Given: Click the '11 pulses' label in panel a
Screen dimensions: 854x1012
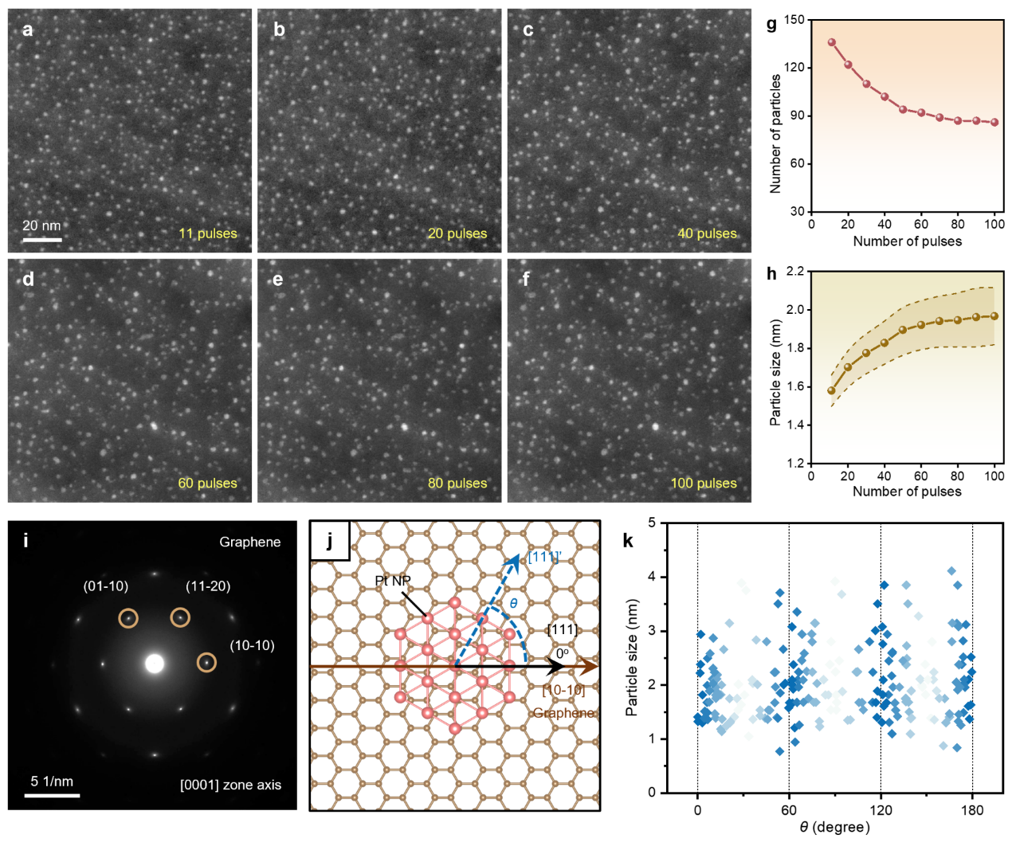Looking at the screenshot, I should tap(208, 233).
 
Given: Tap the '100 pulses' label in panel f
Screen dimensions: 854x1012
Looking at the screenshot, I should tap(704, 483).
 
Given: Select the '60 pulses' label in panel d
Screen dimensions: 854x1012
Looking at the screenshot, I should tap(208, 483).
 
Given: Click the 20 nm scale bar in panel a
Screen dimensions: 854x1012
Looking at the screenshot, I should tap(42, 238).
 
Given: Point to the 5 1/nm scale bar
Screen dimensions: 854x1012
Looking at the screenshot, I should tap(52, 794).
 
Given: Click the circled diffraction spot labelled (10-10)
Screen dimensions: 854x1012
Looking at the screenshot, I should tap(206, 662).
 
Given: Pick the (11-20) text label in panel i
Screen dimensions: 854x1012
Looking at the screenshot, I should tap(208, 586).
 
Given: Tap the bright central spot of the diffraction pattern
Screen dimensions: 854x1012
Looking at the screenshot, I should tap(155, 663).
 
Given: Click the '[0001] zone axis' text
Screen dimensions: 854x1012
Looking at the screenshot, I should tap(230, 785).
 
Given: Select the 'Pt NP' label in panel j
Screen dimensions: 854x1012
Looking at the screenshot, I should tap(392, 581).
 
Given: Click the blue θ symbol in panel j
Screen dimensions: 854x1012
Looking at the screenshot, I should tap(513, 603).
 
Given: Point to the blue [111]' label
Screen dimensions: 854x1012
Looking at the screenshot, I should tap(545, 556).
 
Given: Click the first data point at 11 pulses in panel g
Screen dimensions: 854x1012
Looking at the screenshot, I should tap(832, 42).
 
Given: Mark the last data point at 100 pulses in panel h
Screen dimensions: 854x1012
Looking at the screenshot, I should tap(994, 316).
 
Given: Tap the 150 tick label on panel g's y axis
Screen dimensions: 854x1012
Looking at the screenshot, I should tap(794, 20).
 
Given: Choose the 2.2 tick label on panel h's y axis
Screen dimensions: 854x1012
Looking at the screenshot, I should tap(795, 272).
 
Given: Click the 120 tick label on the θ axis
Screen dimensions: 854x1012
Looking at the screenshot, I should tap(881, 810).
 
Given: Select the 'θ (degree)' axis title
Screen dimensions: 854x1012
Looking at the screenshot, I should tap(834, 827).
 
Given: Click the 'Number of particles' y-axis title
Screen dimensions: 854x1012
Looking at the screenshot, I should tap(775, 134).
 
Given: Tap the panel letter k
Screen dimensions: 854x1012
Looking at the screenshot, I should tap(628, 541).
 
